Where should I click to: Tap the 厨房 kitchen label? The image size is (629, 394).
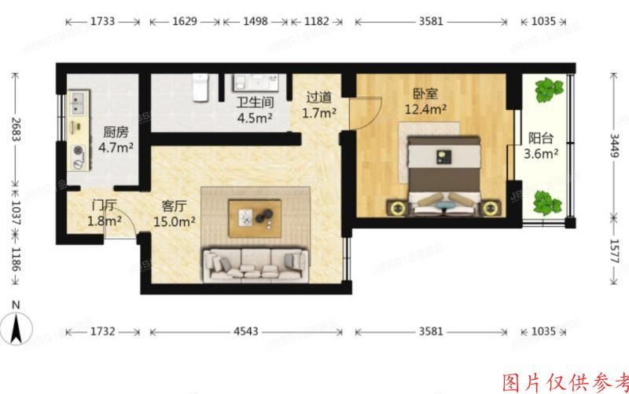tap(116, 132)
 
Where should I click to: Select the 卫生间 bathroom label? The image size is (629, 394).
tap(255, 103)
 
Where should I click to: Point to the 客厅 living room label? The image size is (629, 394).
tap(174, 206)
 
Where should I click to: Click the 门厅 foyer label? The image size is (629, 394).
tap(105, 206)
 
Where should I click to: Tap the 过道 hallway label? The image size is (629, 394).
tap(319, 97)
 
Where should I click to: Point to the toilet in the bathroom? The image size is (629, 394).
tap(201, 89)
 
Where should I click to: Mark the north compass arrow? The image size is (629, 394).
tap(17, 323)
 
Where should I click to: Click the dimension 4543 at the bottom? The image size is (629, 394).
tap(245, 331)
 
